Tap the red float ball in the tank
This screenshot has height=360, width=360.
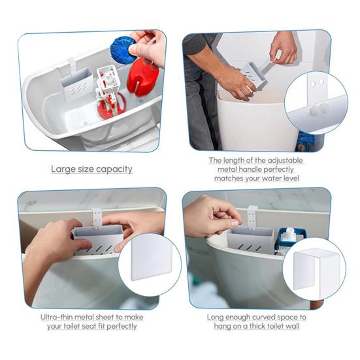point(142,76)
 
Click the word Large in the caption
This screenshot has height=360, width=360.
point(63,169)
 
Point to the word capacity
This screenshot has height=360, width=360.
point(113,170)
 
